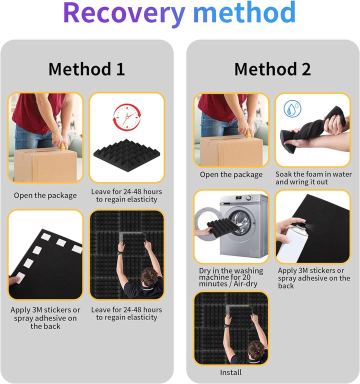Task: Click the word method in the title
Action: point(244,12)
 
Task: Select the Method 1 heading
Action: point(86,69)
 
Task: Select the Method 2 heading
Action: point(272,69)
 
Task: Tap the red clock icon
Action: point(127,117)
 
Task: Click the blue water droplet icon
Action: point(292,108)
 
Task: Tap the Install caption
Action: point(230,372)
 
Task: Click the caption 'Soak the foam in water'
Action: point(313,174)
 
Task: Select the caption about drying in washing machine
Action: point(231,277)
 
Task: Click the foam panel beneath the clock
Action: point(126,155)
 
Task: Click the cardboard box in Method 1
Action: point(45,165)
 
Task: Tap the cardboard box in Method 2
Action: point(231,151)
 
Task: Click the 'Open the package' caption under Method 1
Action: point(45,195)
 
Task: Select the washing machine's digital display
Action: point(238,198)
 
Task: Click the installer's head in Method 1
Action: point(149,276)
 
